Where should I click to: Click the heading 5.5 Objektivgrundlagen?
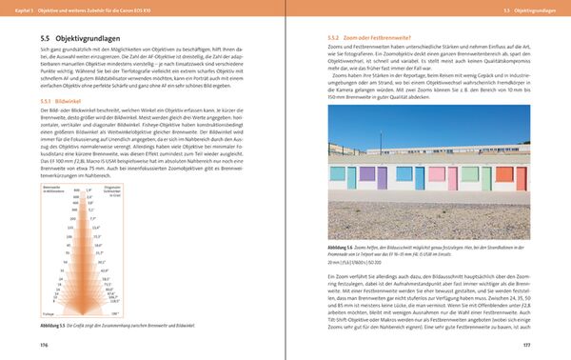click(76, 35)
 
